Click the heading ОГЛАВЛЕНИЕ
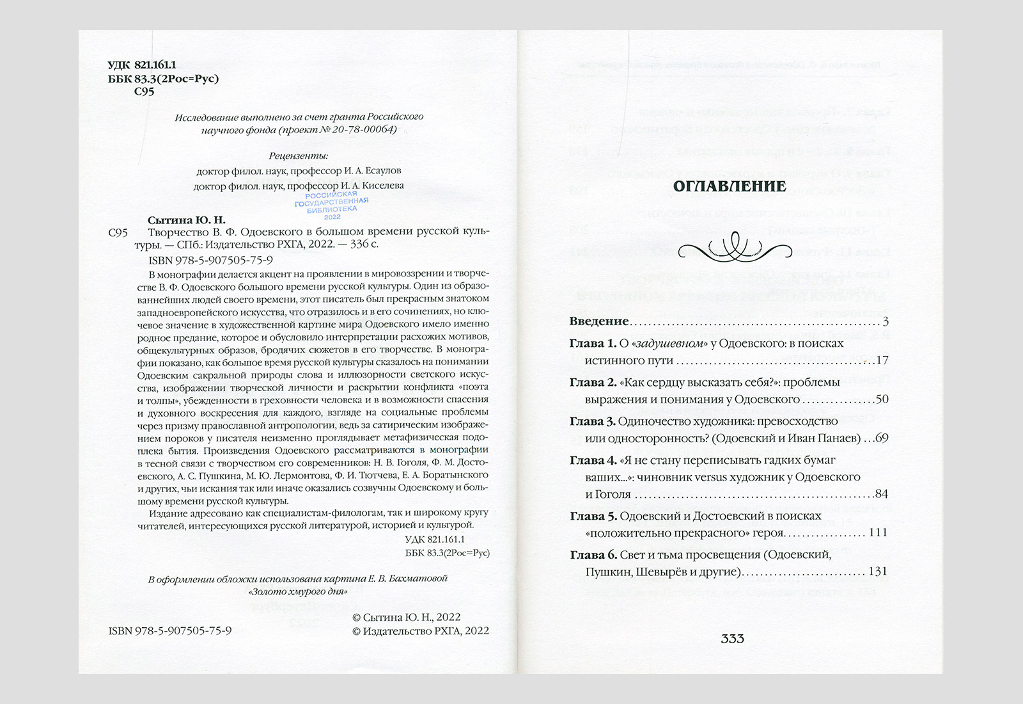coord(730,187)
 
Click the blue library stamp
coord(331,205)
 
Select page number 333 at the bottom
coord(732,639)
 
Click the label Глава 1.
coord(593,344)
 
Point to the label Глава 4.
coord(593,460)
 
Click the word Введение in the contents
coord(599,321)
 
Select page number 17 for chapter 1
coord(882,360)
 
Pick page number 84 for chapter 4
coord(882,494)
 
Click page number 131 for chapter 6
coord(878,572)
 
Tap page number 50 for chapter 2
coord(882,399)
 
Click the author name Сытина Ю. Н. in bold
coord(187,220)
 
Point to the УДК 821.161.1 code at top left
coord(141,65)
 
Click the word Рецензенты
coord(298,156)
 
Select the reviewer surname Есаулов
coord(379,171)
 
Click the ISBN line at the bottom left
coord(170,630)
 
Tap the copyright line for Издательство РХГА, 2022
coord(421,630)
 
